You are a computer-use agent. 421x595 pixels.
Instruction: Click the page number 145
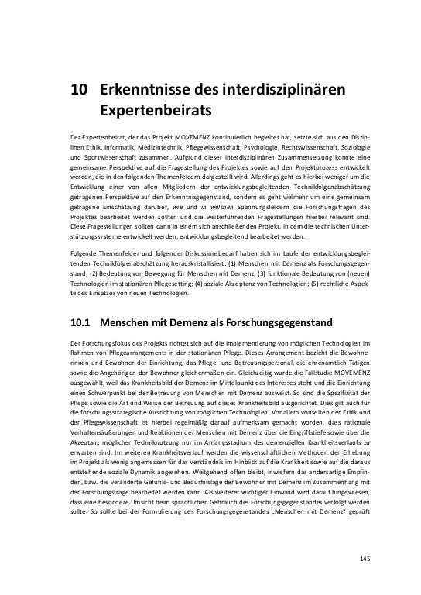[x=366, y=559]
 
